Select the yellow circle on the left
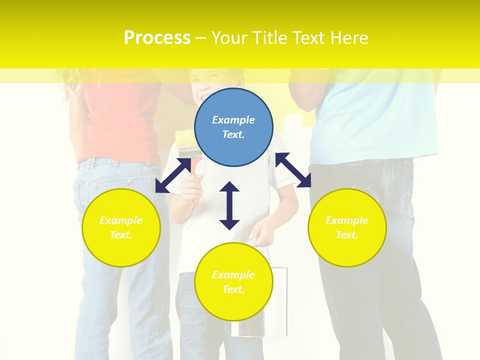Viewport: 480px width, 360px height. (x=121, y=227)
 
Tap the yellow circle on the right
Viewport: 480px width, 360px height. (x=347, y=227)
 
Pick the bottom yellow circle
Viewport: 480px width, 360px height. (x=233, y=282)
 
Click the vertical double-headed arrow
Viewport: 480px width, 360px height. (x=229, y=205)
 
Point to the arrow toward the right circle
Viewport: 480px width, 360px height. (x=293, y=170)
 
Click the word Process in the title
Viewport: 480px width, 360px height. (x=157, y=37)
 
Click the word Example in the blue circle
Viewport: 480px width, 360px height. (x=233, y=120)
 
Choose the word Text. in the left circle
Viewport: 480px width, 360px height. (x=121, y=235)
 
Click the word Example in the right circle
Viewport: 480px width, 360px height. (x=347, y=220)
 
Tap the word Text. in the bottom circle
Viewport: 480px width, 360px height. (x=233, y=289)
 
